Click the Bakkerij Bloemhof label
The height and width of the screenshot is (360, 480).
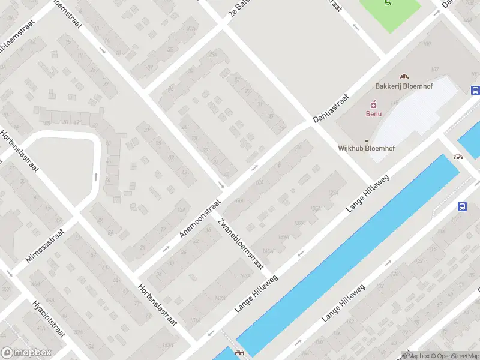point(404,86)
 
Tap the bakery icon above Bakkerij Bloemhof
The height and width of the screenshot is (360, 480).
point(404,76)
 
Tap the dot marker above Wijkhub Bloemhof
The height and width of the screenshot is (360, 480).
point(367,140)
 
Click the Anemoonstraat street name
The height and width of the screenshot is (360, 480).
point(202,217)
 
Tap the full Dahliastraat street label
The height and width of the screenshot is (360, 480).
point(331,109)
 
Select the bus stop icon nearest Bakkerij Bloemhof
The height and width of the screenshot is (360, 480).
point(475,91)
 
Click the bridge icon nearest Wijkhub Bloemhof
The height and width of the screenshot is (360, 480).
point(458,157)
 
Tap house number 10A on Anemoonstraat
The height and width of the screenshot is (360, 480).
point(259,182)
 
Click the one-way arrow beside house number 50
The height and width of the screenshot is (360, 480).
point(96,176)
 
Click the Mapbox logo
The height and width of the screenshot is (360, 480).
point(26,353)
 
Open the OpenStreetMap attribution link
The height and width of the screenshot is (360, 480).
point(454,356)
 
